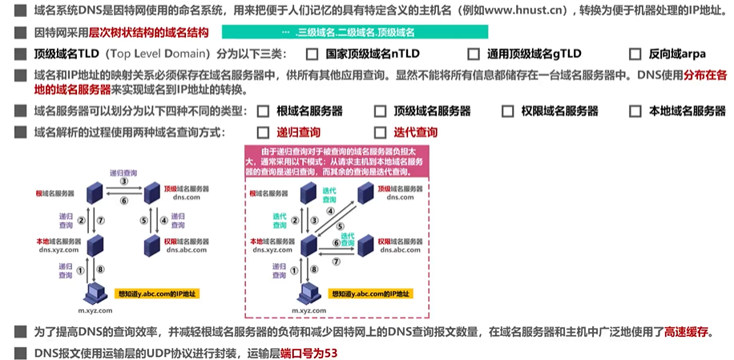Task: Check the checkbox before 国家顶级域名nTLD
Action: coord(313,55)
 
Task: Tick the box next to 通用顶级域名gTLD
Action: coord(472,55)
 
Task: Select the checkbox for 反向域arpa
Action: coord(635,55)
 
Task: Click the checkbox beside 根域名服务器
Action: coord(262,111)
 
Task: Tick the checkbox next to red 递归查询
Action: coord(262,132)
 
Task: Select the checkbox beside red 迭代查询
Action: coord(380,132)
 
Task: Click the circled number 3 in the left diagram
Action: coord(124,182)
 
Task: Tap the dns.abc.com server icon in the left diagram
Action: coord(151,243)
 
